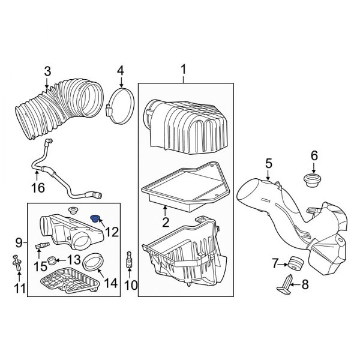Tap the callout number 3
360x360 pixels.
point(47,73)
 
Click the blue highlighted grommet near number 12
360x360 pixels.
point(95,217)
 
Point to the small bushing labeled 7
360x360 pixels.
point(294,263)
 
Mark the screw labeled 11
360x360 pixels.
point(16,262)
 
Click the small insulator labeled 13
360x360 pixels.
point(53,262)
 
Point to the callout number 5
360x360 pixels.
point(268,162)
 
